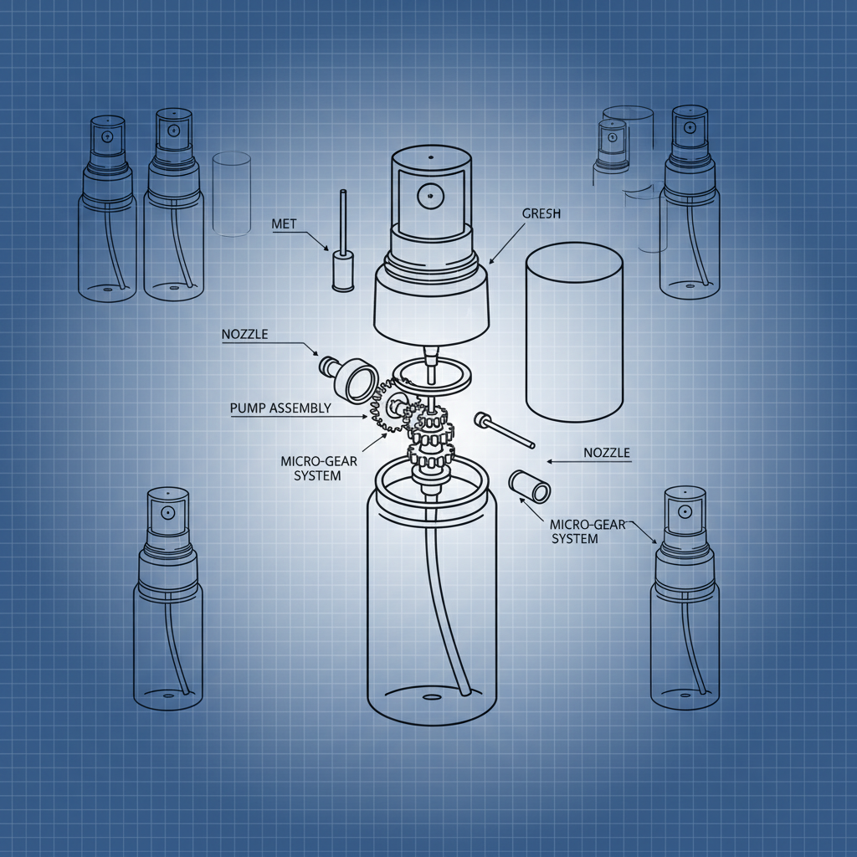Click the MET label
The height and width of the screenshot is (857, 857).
(x=285, y=223)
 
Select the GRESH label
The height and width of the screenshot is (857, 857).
(x=543, y=214)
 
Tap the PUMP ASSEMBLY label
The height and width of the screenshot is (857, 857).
(x=280, y=408)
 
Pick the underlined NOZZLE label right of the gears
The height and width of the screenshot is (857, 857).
(x=605, y=453)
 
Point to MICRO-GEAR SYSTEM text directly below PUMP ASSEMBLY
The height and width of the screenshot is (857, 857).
(x=311, y=469)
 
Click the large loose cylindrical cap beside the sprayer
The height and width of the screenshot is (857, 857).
(x=573, y=334)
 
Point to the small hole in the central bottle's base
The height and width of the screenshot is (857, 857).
(x=432, y=696)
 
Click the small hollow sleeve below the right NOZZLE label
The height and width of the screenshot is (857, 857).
(x=529, y=486)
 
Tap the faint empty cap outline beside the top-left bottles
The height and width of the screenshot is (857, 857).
(x=232, y=192)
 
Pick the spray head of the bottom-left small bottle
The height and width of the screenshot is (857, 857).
(x=167, y=515)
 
